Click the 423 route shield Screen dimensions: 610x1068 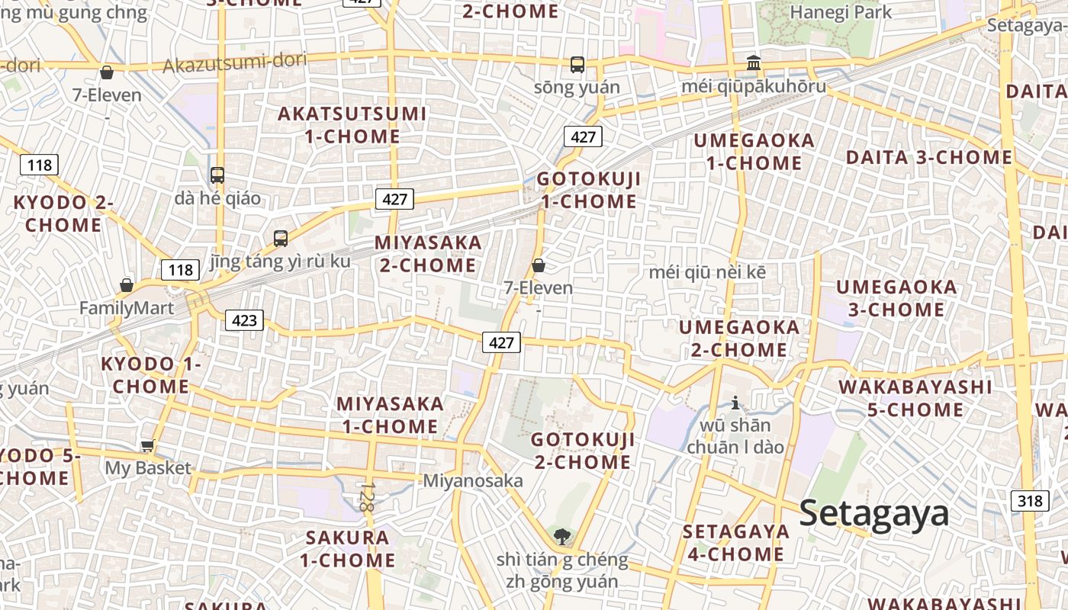click(x=244, y=320)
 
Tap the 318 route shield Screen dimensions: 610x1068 click(x=1029, y=501)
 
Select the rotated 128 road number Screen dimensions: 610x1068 click(x=368, y=496)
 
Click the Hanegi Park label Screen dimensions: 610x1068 click(x=841, y=12)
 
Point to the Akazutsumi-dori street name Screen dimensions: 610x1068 click(x=235, y=63)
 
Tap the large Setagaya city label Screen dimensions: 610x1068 click(x=874, y=513)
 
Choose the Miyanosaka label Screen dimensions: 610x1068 click(x=473, y=480)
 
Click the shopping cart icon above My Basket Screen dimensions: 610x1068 click(x=147, y=446)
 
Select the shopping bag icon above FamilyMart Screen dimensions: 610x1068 click(x=127, y=286)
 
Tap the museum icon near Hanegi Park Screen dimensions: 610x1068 click(x=754, y=63)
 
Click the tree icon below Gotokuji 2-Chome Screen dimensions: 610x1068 click(x=562, y=536)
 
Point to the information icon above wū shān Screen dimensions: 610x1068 click(x=735, y=403)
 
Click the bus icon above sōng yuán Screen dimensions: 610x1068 click(x=577, y=65)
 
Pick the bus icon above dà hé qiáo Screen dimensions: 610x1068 click(x=217, y=175)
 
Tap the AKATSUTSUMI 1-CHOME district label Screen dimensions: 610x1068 click(x=352, y=125)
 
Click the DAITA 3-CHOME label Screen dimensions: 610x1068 click(x=929, y=158)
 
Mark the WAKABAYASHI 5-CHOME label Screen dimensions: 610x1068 click(x=915, y=398)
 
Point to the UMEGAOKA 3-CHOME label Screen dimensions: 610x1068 click(x=896, y=298)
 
